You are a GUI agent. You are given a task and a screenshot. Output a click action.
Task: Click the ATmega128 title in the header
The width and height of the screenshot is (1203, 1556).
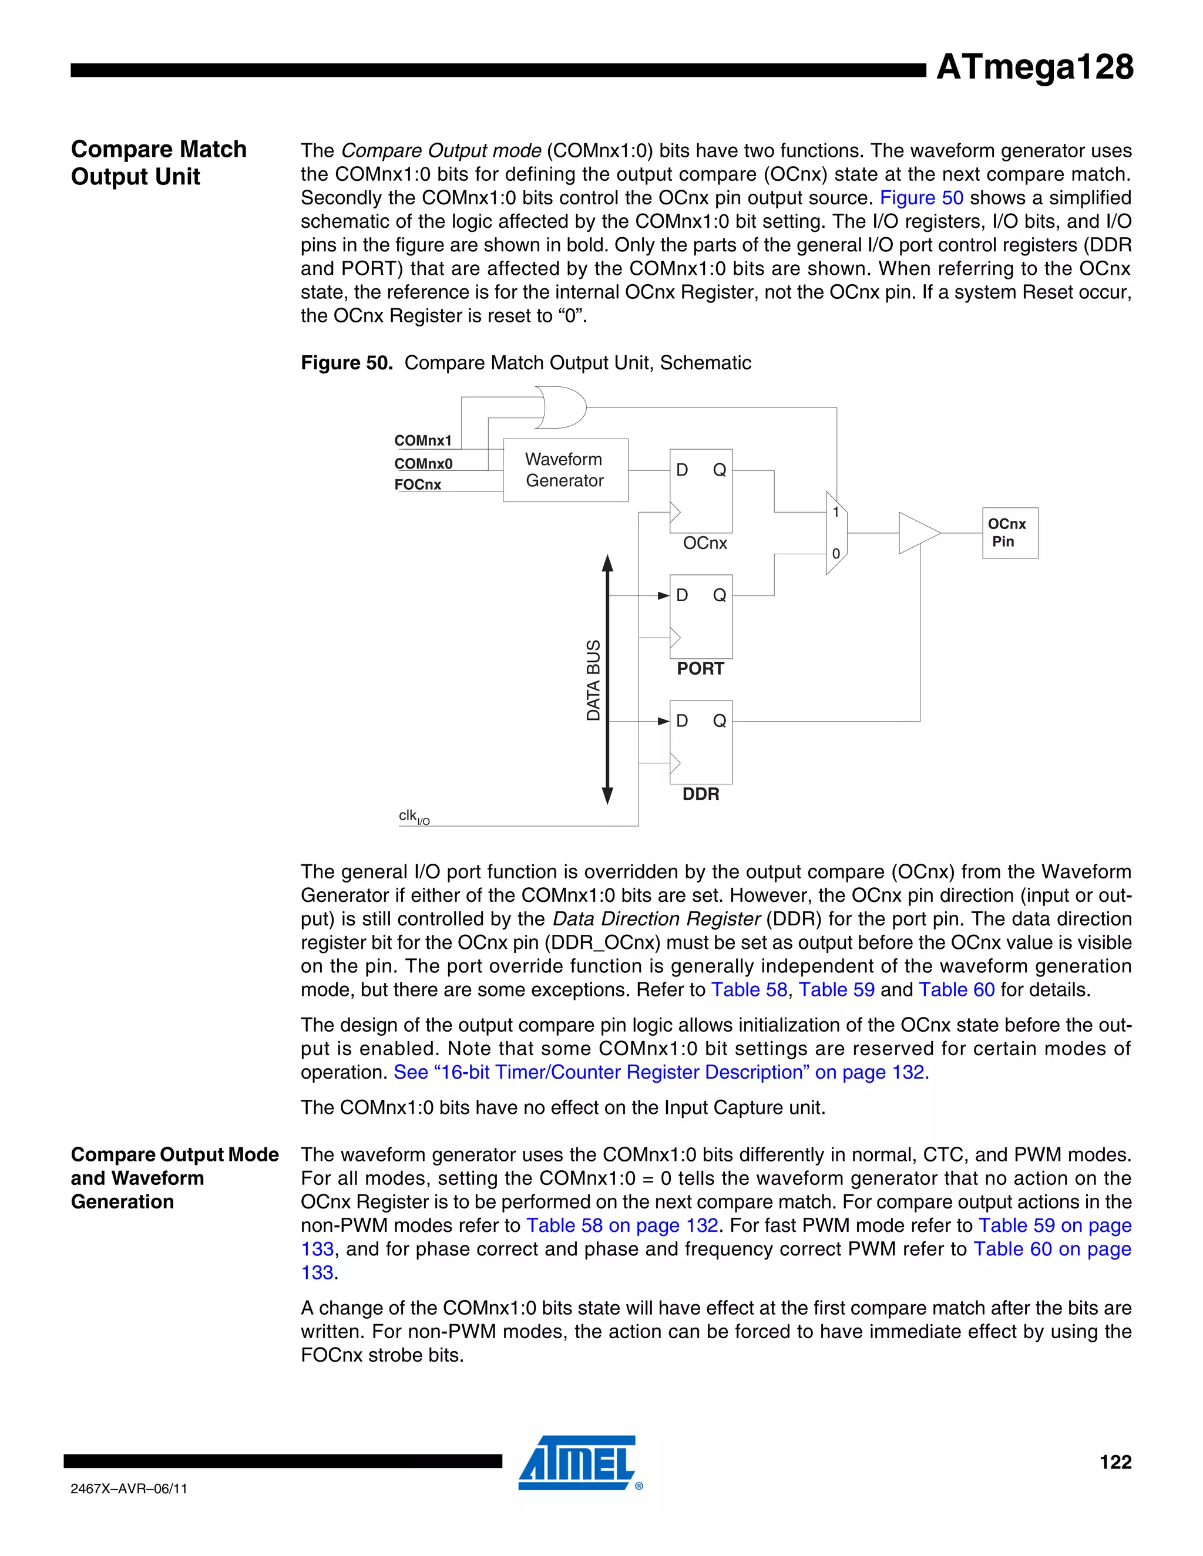pos(1034,67)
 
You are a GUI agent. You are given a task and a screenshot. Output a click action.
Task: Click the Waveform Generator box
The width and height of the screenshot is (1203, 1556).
pos(564,470)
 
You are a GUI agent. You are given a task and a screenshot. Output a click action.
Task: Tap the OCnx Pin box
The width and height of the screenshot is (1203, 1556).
pos(1009,533)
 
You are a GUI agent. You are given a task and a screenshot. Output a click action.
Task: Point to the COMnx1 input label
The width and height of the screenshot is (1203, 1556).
pos(422,441)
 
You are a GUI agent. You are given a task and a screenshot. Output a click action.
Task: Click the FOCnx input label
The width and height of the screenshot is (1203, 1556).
pos(418,485)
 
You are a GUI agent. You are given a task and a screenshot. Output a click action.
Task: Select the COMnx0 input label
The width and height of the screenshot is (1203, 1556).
pos(424,464)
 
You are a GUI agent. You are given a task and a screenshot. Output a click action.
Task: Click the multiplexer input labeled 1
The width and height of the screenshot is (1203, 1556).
pos(836,512)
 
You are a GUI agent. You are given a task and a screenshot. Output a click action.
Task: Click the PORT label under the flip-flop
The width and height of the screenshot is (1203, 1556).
pos(700,669)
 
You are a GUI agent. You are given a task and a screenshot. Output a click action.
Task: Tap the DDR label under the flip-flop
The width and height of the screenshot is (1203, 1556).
pos(701,794)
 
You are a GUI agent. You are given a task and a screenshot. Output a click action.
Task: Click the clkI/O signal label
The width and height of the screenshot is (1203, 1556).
pos(414,817)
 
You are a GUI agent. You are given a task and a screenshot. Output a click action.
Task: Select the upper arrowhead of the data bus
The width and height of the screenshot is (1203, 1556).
pos(607,564)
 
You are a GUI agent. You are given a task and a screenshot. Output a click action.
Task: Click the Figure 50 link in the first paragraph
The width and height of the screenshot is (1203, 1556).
pos(921,198)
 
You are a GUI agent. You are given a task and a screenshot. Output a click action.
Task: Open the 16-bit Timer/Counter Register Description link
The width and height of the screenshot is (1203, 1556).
pos(661,1072)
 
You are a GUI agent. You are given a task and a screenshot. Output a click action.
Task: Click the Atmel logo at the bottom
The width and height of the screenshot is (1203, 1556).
pos(577,1463)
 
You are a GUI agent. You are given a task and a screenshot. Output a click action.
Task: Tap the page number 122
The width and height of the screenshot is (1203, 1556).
pos(1115,1462)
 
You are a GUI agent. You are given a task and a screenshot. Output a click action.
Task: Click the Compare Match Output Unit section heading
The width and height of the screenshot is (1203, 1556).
pos(158,163)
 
